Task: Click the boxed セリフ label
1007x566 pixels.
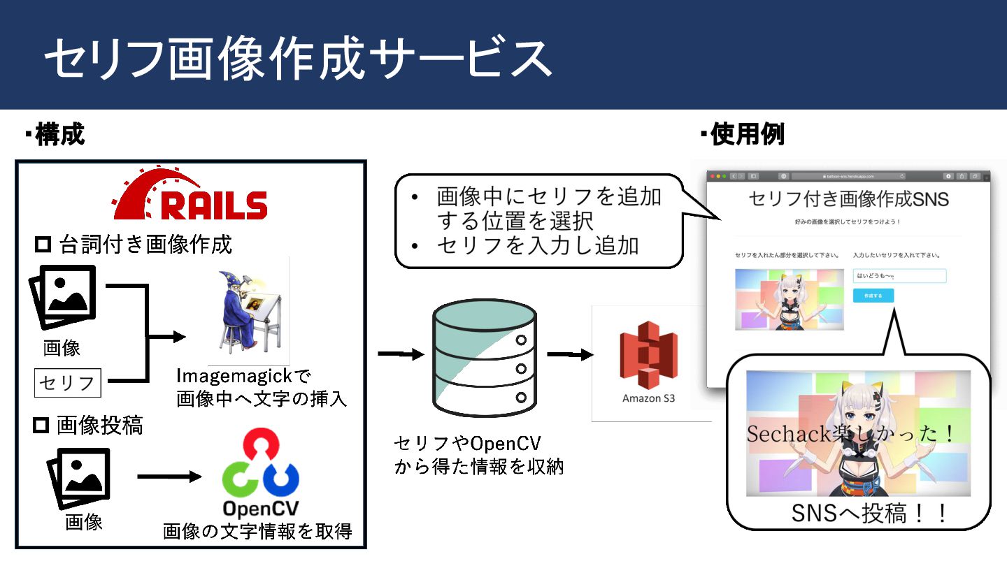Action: (68, 382)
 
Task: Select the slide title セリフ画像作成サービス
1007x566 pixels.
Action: (298, 57)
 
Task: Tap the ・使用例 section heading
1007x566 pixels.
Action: (743, 134)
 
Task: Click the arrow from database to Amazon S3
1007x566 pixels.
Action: (570, 354)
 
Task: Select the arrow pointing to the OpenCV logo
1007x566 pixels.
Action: (169, 477)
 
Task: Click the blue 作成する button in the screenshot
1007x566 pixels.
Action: (873, 296)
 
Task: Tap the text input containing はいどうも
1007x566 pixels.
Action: (899, 276)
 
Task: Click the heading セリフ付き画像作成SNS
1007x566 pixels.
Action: (848, 199)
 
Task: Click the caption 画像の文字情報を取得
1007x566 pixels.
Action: (257, 532)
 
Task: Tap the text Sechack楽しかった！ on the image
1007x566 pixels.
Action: (850, 434)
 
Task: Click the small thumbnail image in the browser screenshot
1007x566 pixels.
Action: (790, 299)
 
